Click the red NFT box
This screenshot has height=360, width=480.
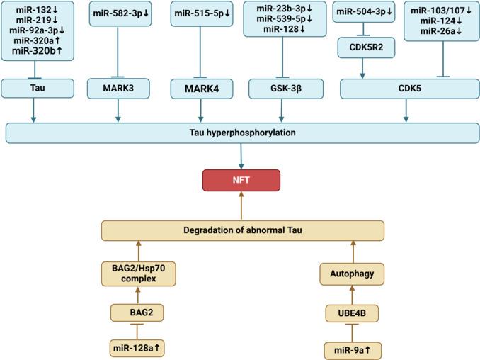(241, 180)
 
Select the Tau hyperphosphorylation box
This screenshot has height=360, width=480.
(241, 133)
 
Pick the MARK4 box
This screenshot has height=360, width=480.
(201, 89)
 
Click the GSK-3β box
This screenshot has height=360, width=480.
(282, 89)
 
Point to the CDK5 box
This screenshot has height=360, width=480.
(406, 89)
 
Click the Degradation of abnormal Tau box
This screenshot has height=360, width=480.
(241, 230)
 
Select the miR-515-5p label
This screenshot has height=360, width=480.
(201, 13)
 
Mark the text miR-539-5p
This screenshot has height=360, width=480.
(282, 18)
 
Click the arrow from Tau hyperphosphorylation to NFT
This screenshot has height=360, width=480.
(241, 155)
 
